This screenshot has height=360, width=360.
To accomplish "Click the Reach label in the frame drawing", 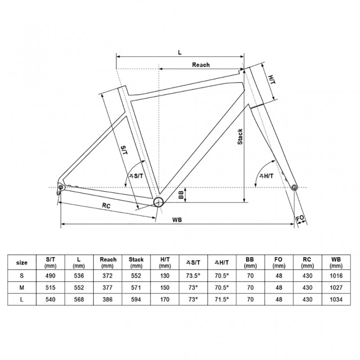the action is coord(201,65).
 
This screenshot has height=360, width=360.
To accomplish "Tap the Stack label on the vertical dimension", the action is coord(240,137).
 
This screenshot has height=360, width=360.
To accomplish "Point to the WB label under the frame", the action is coord(177,220).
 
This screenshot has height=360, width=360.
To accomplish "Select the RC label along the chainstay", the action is coord(106,206).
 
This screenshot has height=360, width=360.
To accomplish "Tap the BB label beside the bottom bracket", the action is coord(181,195).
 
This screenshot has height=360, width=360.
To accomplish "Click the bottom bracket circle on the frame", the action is coord(158,202).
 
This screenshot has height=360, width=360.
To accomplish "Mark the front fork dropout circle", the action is coord(294,187).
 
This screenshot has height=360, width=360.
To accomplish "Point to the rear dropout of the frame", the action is coord(60,187).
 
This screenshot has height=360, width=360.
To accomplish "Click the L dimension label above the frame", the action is coord(180,52).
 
